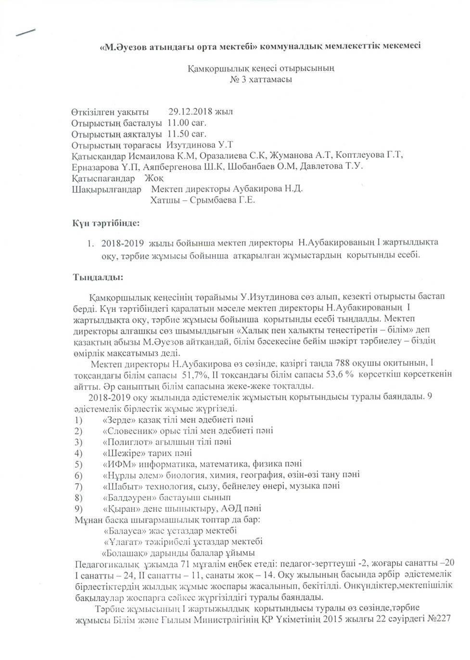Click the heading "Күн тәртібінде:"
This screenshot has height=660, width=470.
click(x=106, y=223)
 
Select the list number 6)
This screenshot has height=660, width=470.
click(x=78, y=475)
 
